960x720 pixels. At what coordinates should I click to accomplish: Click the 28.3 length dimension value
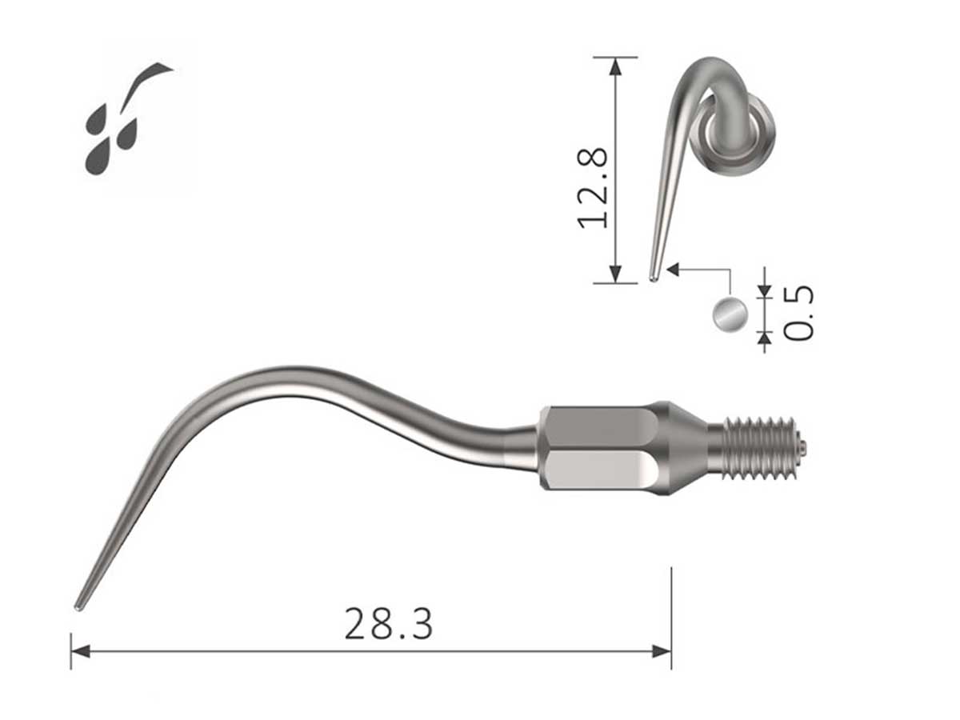[x=388, y=624]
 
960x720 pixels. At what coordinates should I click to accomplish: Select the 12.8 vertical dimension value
[x=594, y=187]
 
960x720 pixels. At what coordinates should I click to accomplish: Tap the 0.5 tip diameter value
[x=798, y=312]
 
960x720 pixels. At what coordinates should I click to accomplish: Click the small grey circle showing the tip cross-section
[x=730, y=314]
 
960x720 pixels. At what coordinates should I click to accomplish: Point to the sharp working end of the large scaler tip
[x=79, y=606]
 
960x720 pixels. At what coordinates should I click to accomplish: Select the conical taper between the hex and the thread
[x=684, y=446]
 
